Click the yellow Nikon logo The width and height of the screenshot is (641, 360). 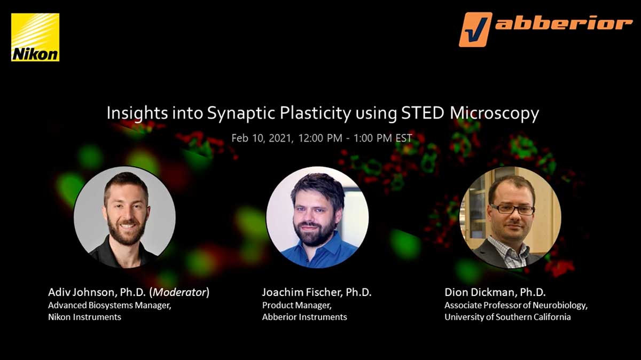click(x=35, y=37)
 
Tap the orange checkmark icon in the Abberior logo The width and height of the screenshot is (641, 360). click(x=475, y=29)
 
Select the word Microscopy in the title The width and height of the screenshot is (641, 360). click(x=494, y=114)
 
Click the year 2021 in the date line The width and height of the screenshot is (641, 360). click(x=282, y=138)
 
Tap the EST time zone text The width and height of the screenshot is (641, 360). click(x=403, y=138)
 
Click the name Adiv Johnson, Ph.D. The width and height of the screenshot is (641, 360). click(x=97, y=292)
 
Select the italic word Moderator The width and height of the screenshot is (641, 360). click(x=179, y=292)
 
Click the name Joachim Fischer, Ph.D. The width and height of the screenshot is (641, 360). click(x=316, y=292)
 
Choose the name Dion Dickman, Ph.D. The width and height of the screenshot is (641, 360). click(x=495, y=292)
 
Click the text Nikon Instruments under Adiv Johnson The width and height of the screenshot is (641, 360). click(x=85, y=317)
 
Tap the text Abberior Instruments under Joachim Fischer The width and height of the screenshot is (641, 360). click(x=304, y=317)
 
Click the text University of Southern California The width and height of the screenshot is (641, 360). click(x=507, y=317)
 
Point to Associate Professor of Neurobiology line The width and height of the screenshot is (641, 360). click(x=516, y=306)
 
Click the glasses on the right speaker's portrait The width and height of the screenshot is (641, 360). click(x=512, y=210)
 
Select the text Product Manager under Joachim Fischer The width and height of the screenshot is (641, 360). click(x=297, y=306)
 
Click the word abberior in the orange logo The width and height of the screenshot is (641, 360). click(x=564, y=24)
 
